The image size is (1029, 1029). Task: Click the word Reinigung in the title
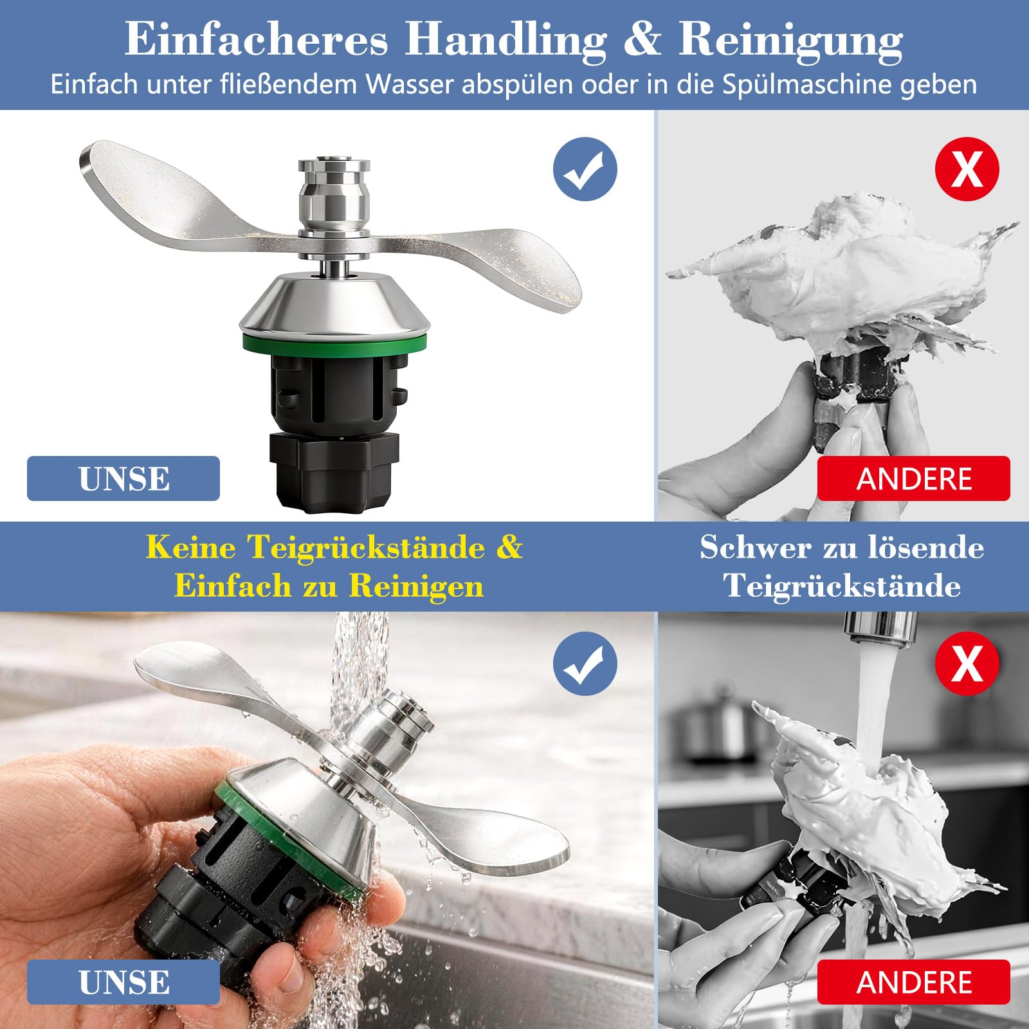coord(790,41)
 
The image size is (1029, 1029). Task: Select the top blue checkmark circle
coord(585,168)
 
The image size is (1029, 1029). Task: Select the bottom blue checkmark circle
coord(585,663)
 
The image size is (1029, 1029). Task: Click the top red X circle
coord(967,168)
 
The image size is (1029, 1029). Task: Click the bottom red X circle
coord(967,663)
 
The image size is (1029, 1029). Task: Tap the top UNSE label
coord(123,478)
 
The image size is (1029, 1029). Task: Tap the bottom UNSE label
coord(123,982)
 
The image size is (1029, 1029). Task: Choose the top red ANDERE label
coord(914,478)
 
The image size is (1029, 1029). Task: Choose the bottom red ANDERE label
coord(914,982)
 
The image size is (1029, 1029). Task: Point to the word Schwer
coord(756,547)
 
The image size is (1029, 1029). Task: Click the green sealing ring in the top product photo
coord(334,343)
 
